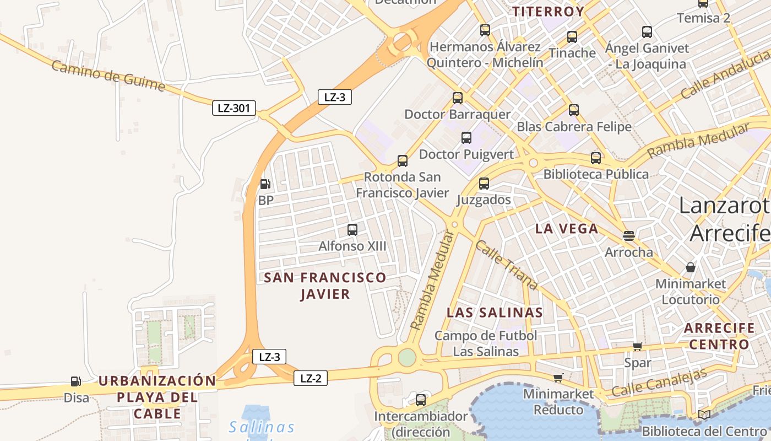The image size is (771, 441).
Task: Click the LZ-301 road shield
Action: coord(234,108)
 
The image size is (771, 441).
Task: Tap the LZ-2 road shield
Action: coord(311,378)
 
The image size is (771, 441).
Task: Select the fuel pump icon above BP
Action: coord(265,184)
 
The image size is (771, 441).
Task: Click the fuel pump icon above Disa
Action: coord(75,381)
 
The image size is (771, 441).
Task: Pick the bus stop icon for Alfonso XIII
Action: coord(352,229)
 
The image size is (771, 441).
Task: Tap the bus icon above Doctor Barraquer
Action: coord(458,98)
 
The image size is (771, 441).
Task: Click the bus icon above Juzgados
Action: coord(484,183)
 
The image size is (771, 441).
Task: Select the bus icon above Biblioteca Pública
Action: coord(596,158)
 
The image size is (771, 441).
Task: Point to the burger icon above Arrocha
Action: coord(629,236)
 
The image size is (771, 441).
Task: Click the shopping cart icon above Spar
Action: coord(638,347)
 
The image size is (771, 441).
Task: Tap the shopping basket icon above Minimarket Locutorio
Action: coord(691,268)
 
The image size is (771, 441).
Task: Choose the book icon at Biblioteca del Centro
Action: coord(704,415)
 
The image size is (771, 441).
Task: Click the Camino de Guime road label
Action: coord(108,76)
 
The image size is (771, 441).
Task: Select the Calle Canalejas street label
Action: coord(659,383)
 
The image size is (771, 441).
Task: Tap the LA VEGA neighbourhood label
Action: coord(567,229)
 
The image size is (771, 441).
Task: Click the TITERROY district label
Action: coord(548,12)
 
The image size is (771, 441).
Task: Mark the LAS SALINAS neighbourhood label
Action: coord(495,313)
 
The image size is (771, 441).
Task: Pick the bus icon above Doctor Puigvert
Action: coord(466,137)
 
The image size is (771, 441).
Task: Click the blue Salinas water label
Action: coord(262,427)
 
